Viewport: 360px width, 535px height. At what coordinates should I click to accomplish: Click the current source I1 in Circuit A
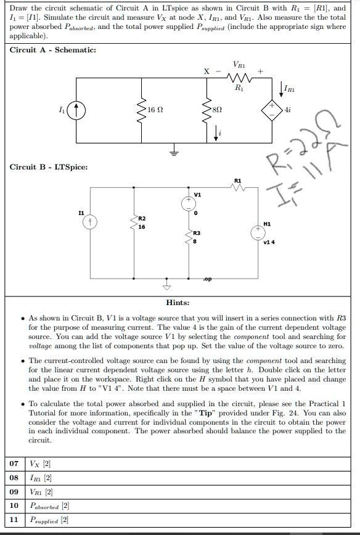pyautogui.click(x=76, y=111)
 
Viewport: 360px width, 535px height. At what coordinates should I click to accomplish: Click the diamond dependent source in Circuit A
pyautogui.click(x=270, y=110)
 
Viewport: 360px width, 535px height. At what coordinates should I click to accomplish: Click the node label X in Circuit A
pyautogui.click(x=207, y=71)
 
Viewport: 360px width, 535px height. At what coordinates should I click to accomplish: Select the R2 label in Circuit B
pyautogui.click(x=141, y=218)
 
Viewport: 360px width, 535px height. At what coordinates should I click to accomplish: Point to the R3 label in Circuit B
pyautogui.click(x=196, y=233)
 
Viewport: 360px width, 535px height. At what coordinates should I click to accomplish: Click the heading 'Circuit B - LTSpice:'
pyautogui.click(x=48, y=167)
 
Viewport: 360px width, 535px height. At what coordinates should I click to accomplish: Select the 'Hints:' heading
pyautogui.click(x=178, y=303)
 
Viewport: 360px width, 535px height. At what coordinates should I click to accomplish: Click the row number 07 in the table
pyautogui.click(x=14, y=464)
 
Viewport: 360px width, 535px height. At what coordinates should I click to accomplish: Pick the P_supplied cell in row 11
pyautogui.click(x=49, y=520)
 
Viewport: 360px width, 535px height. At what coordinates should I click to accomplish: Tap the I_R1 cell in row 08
pyautogui.click(x=41, y=478)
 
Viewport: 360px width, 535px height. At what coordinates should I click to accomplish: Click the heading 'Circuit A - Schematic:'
pyautogui.click(x=53, y=50)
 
